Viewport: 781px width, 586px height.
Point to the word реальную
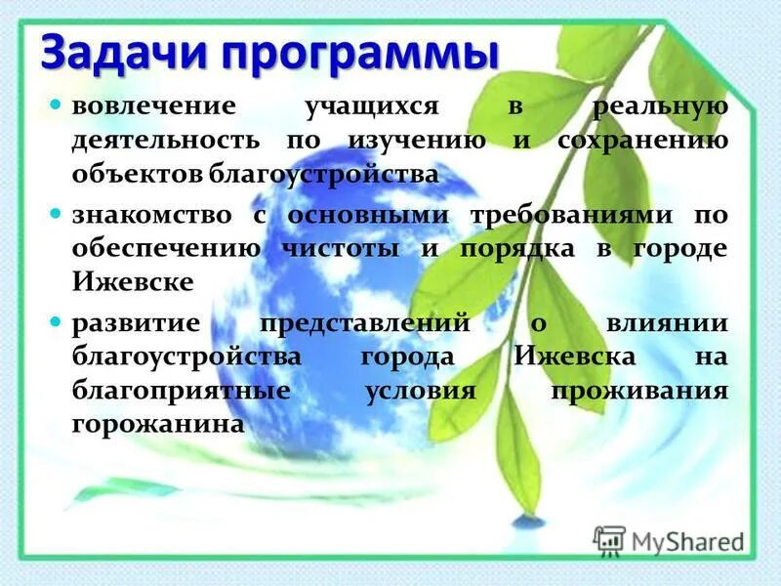click(x=663, y=105)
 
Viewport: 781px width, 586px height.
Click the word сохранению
click(x=642, y=140)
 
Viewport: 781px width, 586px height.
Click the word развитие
click(x=126, y=322)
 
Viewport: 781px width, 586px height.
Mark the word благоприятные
click(x=181, y=391)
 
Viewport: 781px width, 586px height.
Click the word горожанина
click(x=156, y=425)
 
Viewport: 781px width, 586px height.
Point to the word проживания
click(x=639, y=391)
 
